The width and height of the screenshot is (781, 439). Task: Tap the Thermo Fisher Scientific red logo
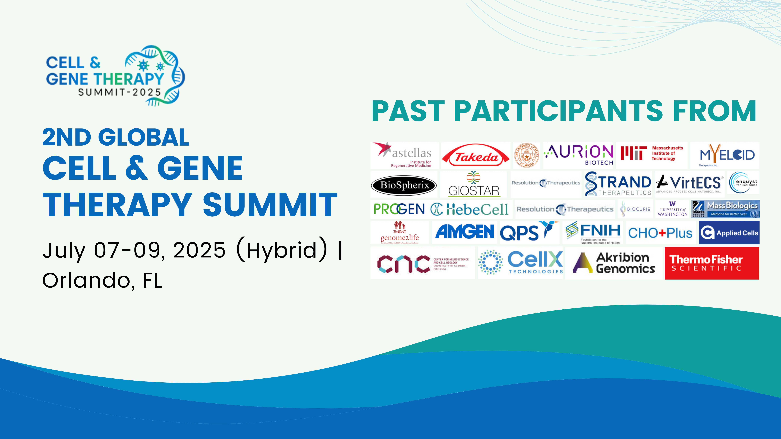712,263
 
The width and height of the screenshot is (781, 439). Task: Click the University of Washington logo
672,209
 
